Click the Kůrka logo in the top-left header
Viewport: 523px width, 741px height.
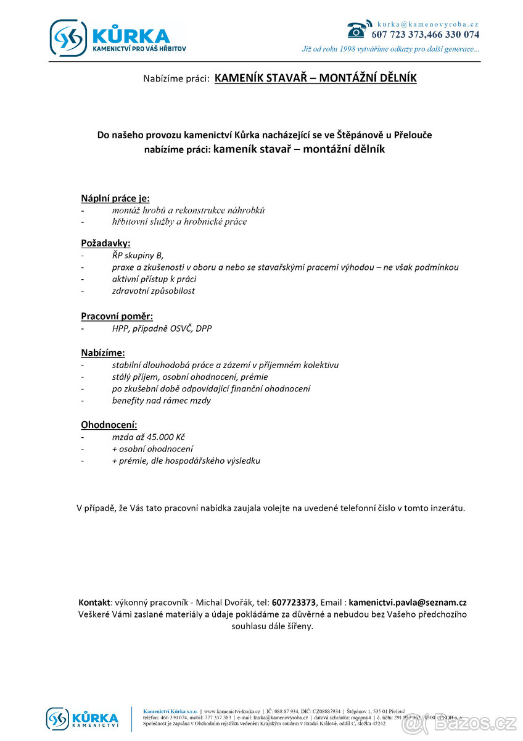117,38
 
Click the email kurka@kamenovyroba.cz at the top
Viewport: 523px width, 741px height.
428,23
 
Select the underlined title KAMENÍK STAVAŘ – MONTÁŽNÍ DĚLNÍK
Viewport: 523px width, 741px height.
315,78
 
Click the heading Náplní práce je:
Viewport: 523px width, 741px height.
115,198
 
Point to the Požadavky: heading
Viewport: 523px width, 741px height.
105,243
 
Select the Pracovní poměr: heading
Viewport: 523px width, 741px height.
117,316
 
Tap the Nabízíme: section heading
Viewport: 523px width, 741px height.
103,353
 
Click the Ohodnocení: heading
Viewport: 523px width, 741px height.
109,425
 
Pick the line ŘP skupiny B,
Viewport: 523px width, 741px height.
138,255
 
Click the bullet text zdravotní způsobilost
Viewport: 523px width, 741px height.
153,291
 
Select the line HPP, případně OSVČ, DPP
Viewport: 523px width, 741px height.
162,329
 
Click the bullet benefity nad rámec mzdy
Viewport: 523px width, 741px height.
161,401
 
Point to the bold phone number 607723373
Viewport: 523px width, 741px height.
294,602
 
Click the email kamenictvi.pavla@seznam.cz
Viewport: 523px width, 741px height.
408,602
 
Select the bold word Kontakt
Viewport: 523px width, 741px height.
94,602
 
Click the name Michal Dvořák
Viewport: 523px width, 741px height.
218,602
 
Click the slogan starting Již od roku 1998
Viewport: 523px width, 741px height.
390,49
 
